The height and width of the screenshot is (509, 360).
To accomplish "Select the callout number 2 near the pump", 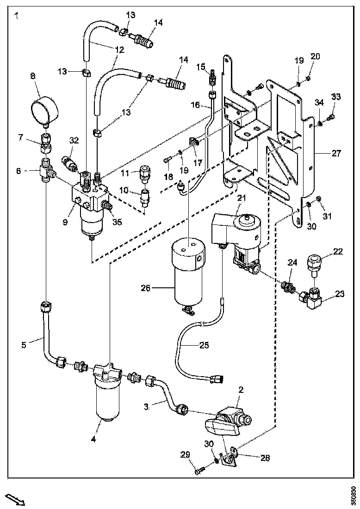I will [x=241, y=390].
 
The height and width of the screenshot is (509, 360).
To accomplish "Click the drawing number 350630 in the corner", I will [x=354, y=495].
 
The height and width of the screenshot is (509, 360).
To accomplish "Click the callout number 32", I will [x=74, y=140].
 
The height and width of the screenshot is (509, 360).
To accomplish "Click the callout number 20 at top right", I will [x=315, y=56].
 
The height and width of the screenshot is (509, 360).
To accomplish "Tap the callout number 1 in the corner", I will [x=16, y=17].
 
